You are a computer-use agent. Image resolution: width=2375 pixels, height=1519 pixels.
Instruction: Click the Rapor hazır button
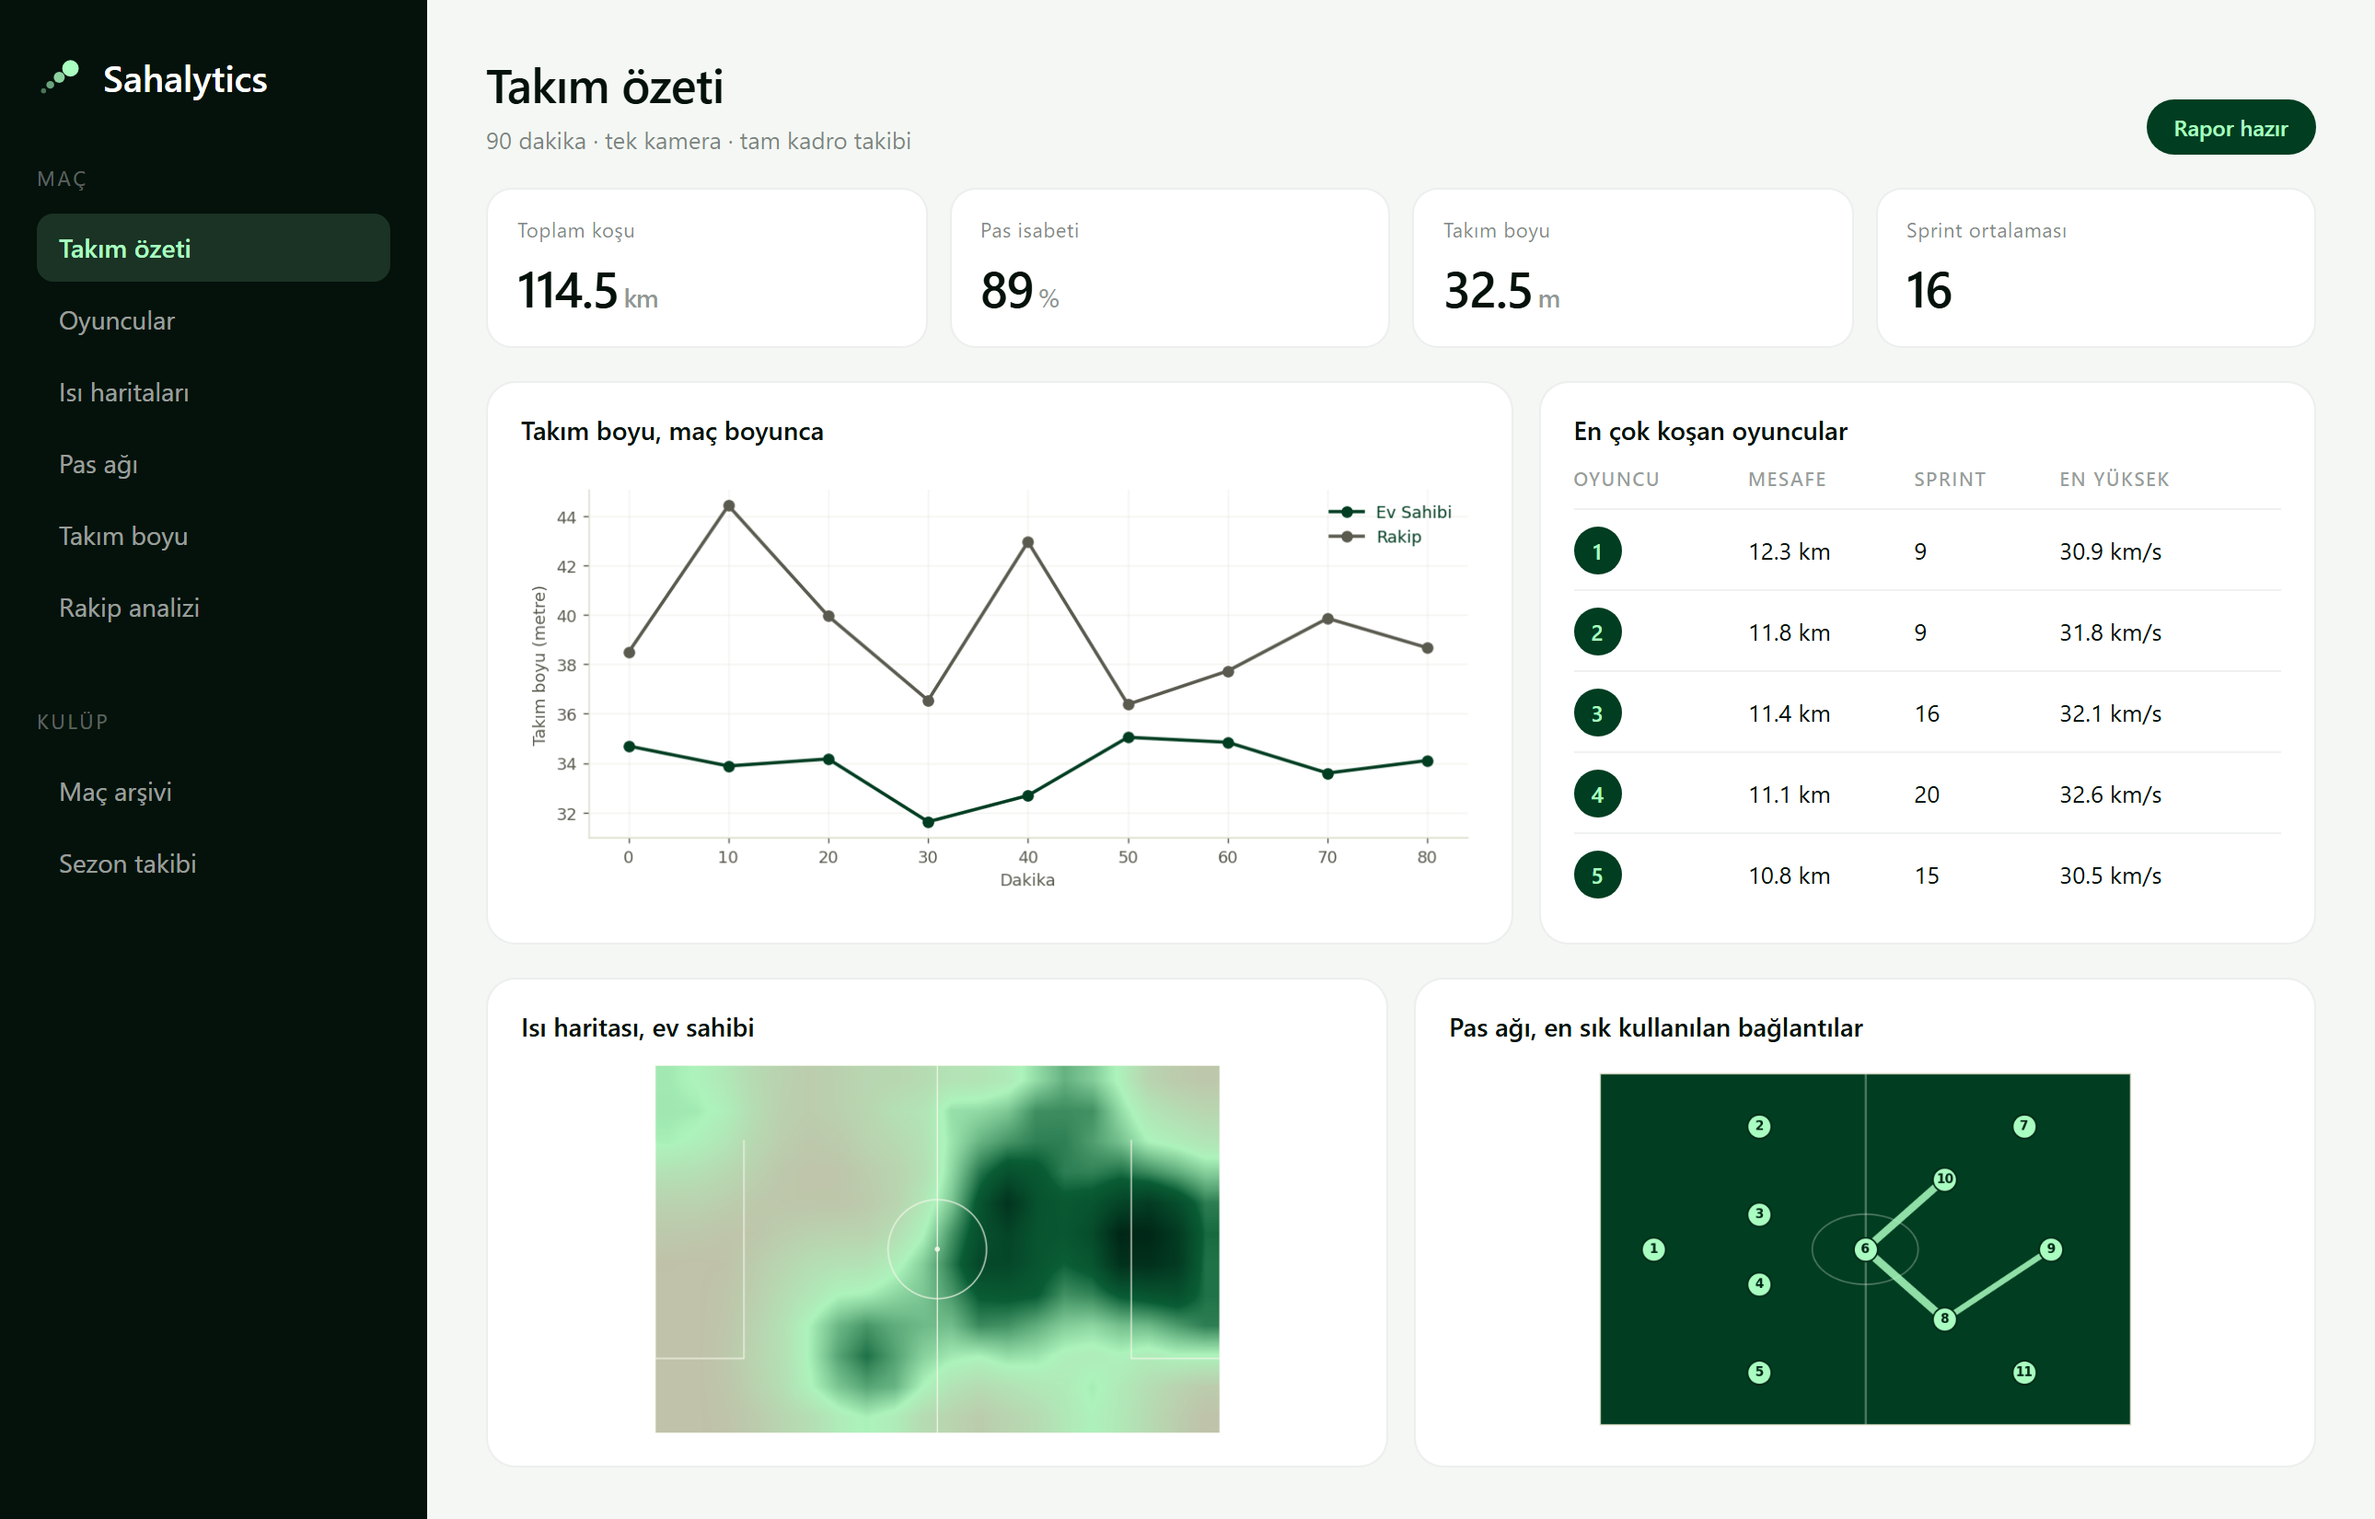coord(2230,127)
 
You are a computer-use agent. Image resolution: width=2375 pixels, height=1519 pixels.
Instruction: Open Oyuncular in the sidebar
coord(116,320)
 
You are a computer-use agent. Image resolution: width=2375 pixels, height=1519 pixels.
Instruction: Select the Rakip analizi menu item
coord(129,608)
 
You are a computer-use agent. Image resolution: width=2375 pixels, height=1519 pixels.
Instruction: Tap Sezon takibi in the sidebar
coord(127,864)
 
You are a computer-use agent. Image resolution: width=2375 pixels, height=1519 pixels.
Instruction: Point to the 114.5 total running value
coord(567,290)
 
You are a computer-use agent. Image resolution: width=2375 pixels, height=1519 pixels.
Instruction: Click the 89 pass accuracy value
coord(1006,290)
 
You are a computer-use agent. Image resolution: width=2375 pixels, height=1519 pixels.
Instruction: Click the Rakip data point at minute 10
coord(729,506)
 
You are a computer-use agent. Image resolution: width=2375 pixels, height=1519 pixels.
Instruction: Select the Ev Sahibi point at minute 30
coord(928,821)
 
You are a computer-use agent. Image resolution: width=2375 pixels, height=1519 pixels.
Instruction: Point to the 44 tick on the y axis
coord(566,516)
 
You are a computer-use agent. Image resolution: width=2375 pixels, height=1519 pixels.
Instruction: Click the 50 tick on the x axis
coord(1128,857)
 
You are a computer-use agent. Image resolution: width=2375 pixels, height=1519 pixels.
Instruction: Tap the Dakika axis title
coord(1026,880)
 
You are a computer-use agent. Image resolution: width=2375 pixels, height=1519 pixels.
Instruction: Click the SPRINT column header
coord(1949,480)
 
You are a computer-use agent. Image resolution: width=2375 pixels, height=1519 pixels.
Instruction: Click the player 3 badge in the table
coord(1597,713)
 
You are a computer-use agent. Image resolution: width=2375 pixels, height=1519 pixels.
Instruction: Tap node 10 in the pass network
coord(1944,1178)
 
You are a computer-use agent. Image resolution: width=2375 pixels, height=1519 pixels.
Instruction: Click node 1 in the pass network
coord(1653,1248)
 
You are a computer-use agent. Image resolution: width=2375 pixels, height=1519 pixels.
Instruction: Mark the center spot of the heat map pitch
coord(937,1248)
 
